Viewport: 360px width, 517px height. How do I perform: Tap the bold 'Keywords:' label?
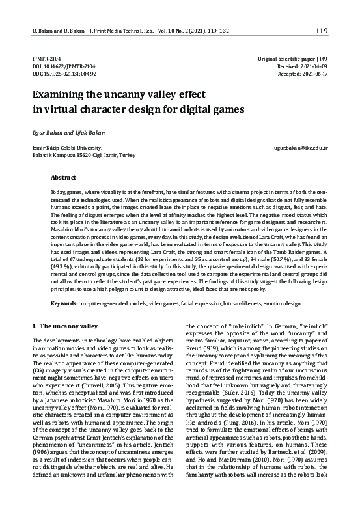point(64,304)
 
